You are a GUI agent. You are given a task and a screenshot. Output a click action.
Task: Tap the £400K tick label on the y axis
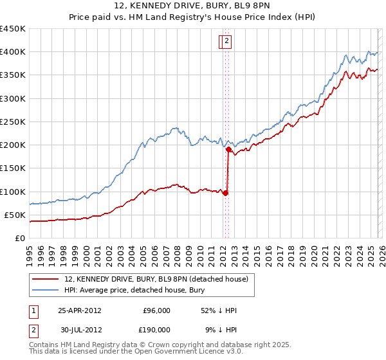(x=13, y=52)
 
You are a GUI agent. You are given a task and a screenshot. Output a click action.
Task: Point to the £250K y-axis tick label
(x=13, y=122)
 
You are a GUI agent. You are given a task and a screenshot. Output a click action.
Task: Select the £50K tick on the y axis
(x=15, y=215)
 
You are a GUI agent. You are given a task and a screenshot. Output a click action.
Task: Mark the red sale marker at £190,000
(x=229, y=149)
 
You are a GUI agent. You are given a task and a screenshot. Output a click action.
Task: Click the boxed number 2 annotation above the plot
(x=228, y=42)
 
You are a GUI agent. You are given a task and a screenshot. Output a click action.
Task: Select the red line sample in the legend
(x=46, y=278)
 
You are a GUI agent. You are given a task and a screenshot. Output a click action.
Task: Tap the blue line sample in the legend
(x=46, y=289)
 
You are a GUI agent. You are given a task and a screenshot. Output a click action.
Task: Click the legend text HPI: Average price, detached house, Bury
(x=134, y=289)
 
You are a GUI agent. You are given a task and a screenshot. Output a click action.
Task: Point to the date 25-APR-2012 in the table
(x=80, y=310)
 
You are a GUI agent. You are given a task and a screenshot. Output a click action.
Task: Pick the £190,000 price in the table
(x=156, y=329)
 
